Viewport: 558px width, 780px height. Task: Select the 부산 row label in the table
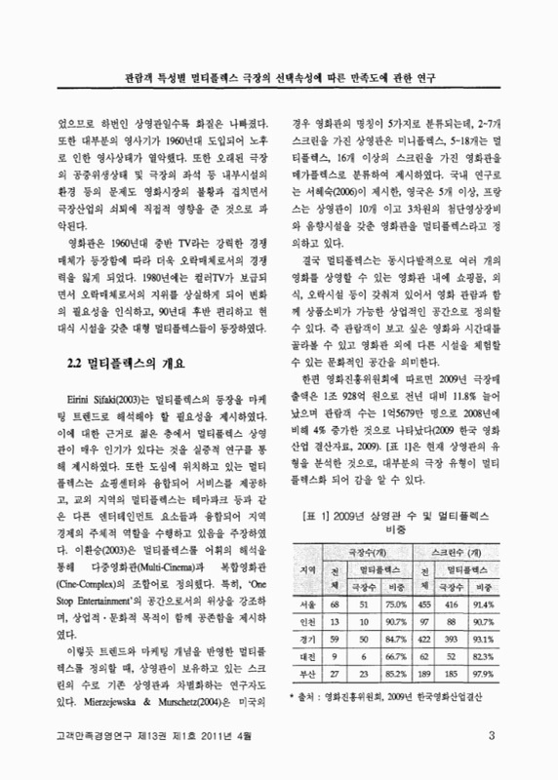point(310,672)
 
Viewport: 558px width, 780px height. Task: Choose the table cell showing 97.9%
point(482,672)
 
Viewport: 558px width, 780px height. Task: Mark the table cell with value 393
point(451,640)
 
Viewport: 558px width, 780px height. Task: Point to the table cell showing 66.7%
point(397,656)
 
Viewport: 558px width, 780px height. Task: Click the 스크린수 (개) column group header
point(455,552)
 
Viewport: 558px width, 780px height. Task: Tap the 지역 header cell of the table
point(310,568)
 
